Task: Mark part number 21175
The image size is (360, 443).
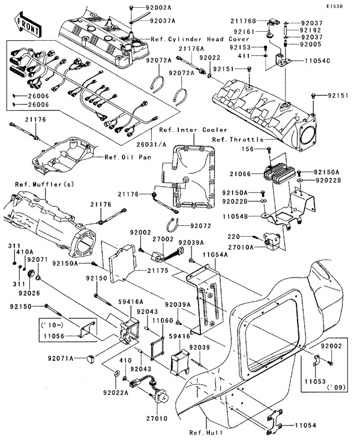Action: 158,271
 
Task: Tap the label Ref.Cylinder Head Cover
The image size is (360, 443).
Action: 187,38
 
